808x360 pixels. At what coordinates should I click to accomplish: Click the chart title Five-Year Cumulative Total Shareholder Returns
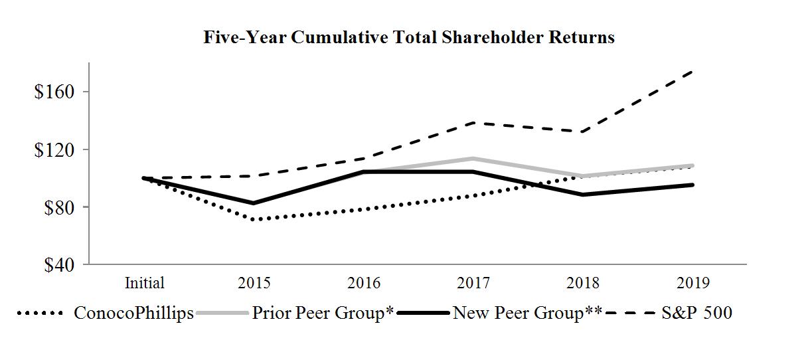408,38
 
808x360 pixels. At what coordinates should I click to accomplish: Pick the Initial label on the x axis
144,284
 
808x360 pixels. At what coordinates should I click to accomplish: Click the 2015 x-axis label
254,284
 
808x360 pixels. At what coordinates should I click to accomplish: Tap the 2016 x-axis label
364,284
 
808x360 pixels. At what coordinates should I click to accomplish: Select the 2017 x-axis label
473,284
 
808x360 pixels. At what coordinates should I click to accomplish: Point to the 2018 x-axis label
584,284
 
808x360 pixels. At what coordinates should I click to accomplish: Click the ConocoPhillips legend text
134,313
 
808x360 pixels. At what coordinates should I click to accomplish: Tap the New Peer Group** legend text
527,313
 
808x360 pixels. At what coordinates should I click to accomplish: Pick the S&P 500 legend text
696,313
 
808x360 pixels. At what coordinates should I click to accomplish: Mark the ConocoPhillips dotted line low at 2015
254,219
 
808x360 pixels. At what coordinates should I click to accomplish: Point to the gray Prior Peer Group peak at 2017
473,159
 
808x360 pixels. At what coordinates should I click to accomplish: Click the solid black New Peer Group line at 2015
254,203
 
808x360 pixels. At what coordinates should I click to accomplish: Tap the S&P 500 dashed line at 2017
473,123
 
